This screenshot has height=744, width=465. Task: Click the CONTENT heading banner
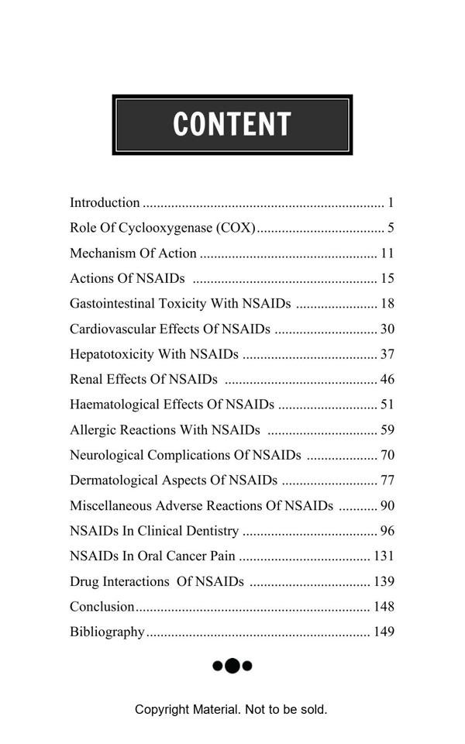click(x=232, y=125)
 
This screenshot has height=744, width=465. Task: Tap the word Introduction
click(x=105, y=203)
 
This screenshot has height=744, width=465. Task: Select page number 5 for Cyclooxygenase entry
click(x=391, y=228)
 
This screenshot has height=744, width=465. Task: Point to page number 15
click(x=387, y=278)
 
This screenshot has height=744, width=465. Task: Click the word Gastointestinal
click(x=112, y=304)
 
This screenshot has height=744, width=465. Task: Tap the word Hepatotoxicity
click(x=112, y=354)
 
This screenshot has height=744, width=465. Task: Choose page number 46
click(x=387, y=380)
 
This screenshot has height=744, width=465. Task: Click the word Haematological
click(x=115, y=405)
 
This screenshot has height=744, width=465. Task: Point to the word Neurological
click(x=106, y=455)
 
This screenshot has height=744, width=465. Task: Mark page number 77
click(x=387, y=480)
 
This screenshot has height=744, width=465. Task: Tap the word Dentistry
click(x=211, y=531)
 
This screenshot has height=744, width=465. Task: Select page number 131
click(x=384, y=556)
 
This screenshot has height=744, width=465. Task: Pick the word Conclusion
click(x=102, y=607)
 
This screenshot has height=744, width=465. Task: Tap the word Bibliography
click(x=107, y=632)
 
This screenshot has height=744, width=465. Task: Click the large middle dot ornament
click(x=232, y=666)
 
